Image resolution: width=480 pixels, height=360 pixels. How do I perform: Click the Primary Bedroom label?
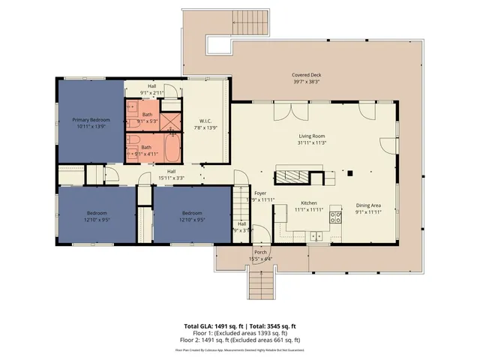click(91, 120)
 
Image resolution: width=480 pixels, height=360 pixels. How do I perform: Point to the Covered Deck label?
click(307, 75)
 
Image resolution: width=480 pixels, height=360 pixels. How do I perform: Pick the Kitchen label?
click(309, 203)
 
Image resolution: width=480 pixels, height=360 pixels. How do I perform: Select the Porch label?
click(260, 252)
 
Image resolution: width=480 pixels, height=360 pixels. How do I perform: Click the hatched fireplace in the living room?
click(292, 177)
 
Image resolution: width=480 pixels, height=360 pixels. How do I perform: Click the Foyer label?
click(260, 193)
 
